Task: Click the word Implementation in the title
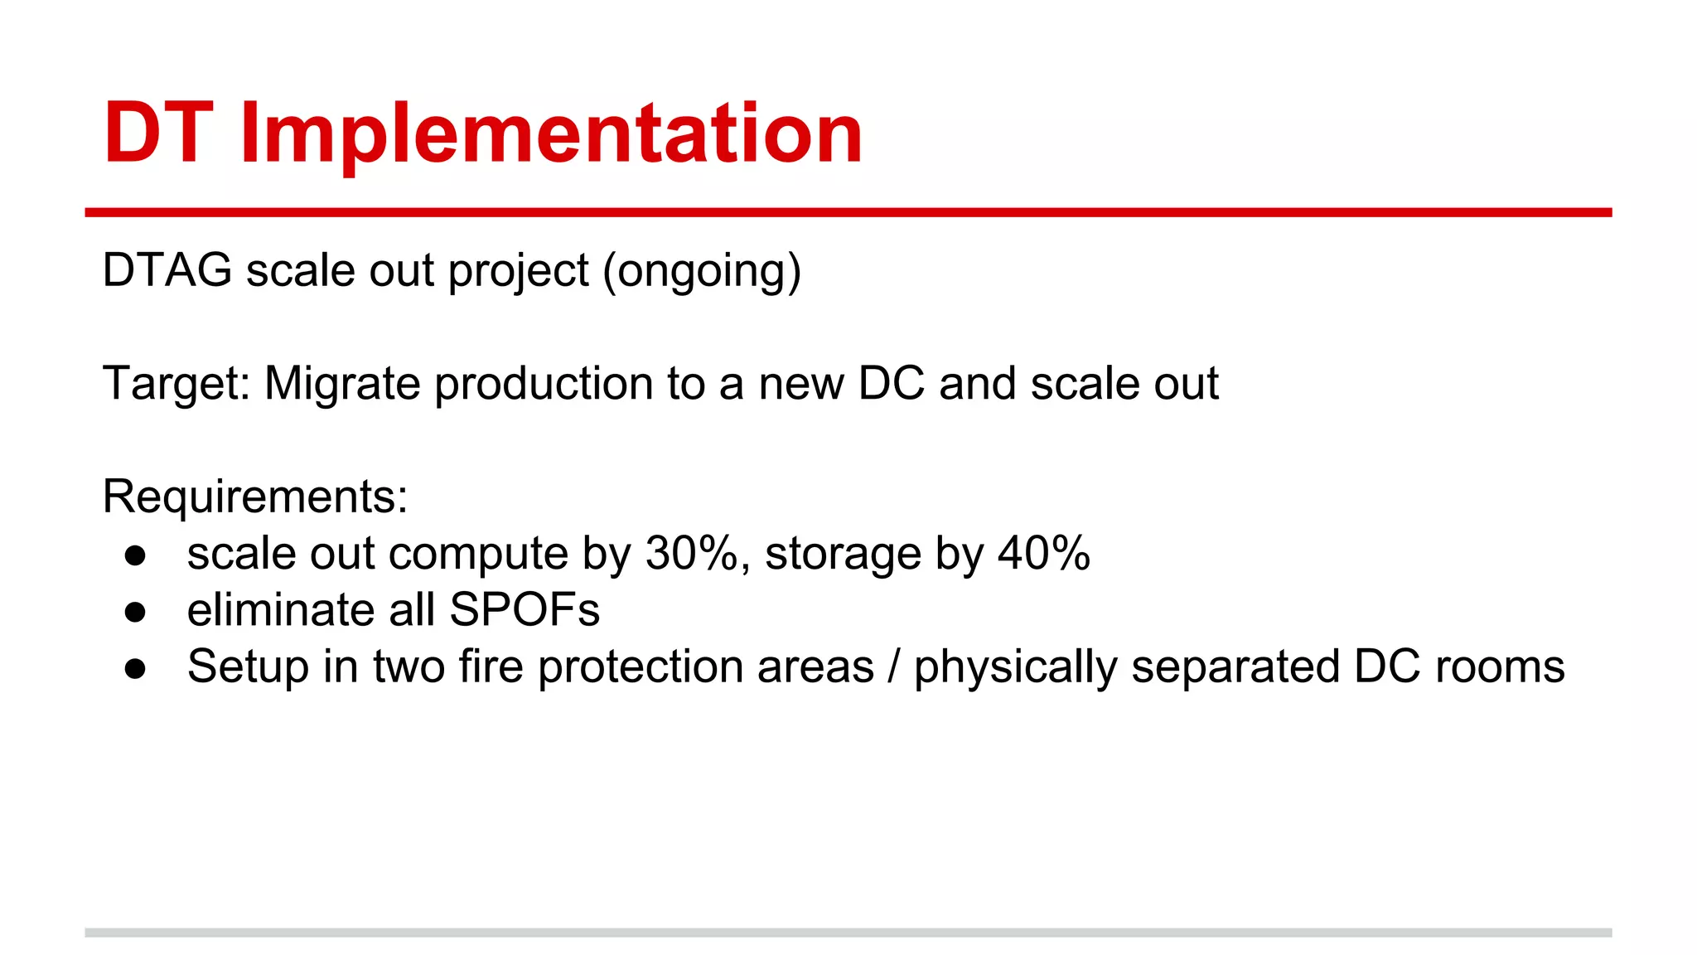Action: (551, 134)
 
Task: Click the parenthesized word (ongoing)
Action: (702, 272)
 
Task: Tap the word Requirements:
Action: (255, 497)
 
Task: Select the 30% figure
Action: (691, 553)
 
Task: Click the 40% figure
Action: (1043, 553)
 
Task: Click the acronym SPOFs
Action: (525, 610)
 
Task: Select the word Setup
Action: (248, 667)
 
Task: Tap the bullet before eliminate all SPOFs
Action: (135, 613)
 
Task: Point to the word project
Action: (518, 272)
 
